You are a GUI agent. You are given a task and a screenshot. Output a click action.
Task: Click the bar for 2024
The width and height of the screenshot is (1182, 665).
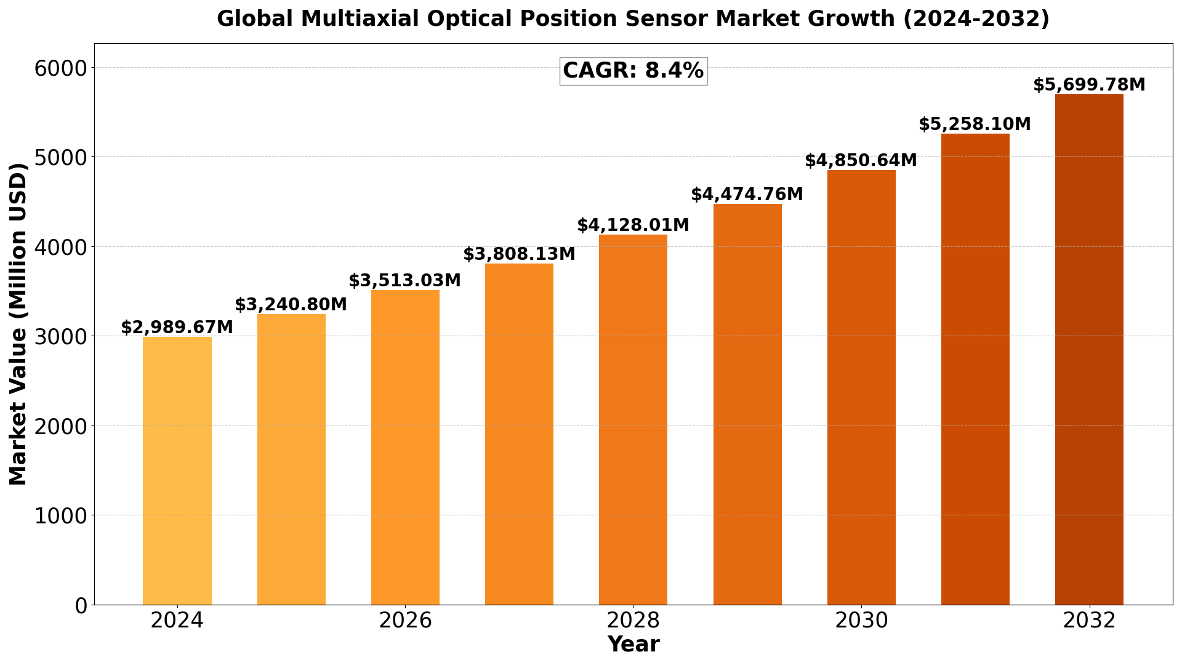pyautogui.click(x=177, y=471)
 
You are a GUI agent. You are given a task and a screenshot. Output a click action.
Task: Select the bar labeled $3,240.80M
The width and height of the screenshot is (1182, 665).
pyautogui.click(x=291, y=459)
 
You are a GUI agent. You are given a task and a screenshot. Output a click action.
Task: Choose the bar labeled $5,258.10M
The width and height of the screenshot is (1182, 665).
pyautogui.click(x=975, y=369)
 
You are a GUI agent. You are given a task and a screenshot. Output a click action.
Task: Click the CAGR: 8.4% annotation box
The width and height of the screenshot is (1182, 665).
pyautogui.click(x=633, y=71)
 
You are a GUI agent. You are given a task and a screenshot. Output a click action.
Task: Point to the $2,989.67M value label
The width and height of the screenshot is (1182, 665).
pyautogui.click(x=177, y=328)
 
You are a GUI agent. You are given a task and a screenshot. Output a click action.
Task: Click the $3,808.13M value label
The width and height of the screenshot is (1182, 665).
pyautogui.click(x=519, y=254)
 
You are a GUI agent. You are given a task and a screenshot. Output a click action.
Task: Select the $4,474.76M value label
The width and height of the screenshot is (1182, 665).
pyautogui.click(x=747, y=195)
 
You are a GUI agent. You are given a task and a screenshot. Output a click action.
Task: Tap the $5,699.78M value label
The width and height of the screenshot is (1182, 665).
pyautogui.click(x=1089, y=85)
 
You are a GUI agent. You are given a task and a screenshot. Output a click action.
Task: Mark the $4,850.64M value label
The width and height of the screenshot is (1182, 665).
pyautogui.click(x=861, y=161)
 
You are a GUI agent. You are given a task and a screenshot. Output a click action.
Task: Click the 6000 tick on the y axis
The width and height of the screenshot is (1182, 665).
pyautogui.click(x=61, y=68)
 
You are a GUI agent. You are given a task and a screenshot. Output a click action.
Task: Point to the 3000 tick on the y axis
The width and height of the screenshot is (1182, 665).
pyautogui.click(x=61, y=336)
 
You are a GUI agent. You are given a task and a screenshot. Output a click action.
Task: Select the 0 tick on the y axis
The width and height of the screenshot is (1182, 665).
pyautogui.click(x=81, y=605)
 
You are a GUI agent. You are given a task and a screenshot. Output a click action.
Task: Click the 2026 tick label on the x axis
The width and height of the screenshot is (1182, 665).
pyautogui.click(x=405, y=621)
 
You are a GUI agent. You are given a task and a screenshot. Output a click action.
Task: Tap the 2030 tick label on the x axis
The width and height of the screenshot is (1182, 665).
pyautogui.click(x=861, y=621)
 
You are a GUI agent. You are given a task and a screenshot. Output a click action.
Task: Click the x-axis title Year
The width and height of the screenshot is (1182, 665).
pyautogui.click(x=633, y=645)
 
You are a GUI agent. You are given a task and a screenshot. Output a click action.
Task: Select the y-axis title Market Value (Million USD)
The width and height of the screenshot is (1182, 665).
pyautogui.click(x=18, y=324)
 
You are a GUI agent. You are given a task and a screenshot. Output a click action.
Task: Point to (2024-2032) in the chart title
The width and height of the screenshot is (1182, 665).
pyautogui.click(x=976, y=19)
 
